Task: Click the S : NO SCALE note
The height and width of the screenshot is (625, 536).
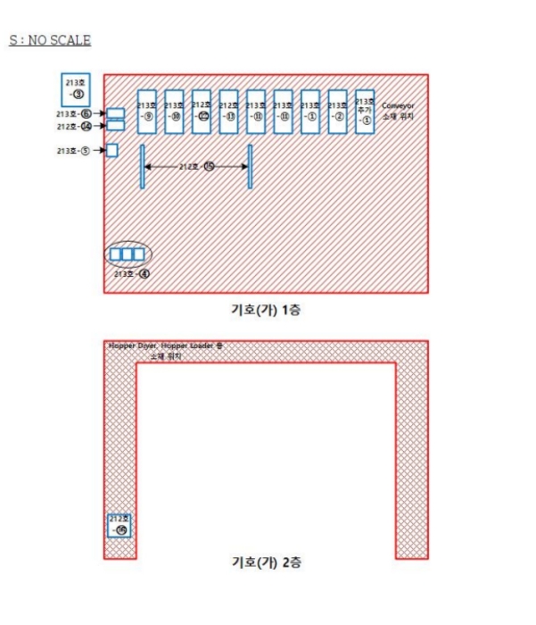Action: [50, 40]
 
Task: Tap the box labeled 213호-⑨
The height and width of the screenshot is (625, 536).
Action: [147, 112]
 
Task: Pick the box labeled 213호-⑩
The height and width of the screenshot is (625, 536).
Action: [174, 112]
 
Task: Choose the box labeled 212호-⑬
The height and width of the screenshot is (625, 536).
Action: [228, 112]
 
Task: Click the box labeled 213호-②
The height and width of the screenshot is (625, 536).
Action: [338, 112]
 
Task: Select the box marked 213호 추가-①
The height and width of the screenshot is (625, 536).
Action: [365, 112]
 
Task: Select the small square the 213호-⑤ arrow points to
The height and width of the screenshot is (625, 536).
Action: [112, 150]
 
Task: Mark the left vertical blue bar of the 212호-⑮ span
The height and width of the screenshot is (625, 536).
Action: [142, 167]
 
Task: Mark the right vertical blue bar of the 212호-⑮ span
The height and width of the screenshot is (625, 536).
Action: [251, 167]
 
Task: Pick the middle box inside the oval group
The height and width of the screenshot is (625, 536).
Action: [127, 254]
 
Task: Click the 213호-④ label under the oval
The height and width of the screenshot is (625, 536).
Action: [130, 274]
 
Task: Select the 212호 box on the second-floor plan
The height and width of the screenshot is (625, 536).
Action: [120, 525]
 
